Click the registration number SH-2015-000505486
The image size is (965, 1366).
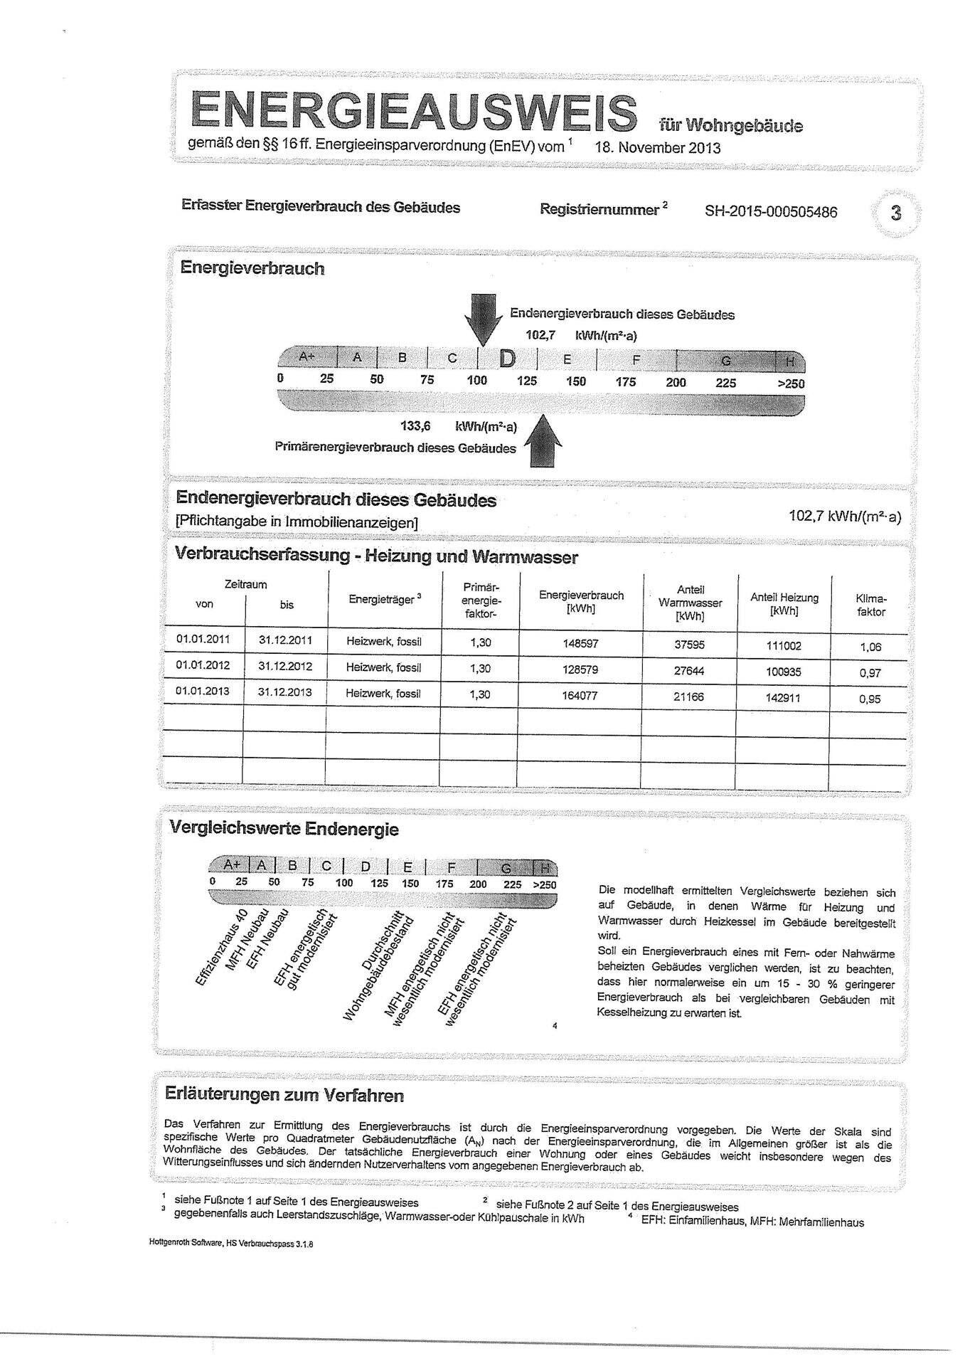(x=771, y=212)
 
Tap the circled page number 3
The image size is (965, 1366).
(x=895, y=212)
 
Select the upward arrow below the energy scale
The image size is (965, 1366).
(x=543, y=443)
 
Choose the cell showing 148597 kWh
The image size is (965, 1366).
(x=580, y=643)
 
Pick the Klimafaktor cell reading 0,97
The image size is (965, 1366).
(x=869, y=673)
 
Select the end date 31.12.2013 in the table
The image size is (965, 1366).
(x=285, y=692)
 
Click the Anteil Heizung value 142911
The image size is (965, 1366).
(x=783, y=698)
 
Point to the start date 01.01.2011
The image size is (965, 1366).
(x=203, y=639)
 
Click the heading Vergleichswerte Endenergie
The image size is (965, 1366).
(x=284, y=829)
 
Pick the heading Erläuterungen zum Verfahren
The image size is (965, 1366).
(x=284, y=1095)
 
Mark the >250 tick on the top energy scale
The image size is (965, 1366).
(x=791, y=383)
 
